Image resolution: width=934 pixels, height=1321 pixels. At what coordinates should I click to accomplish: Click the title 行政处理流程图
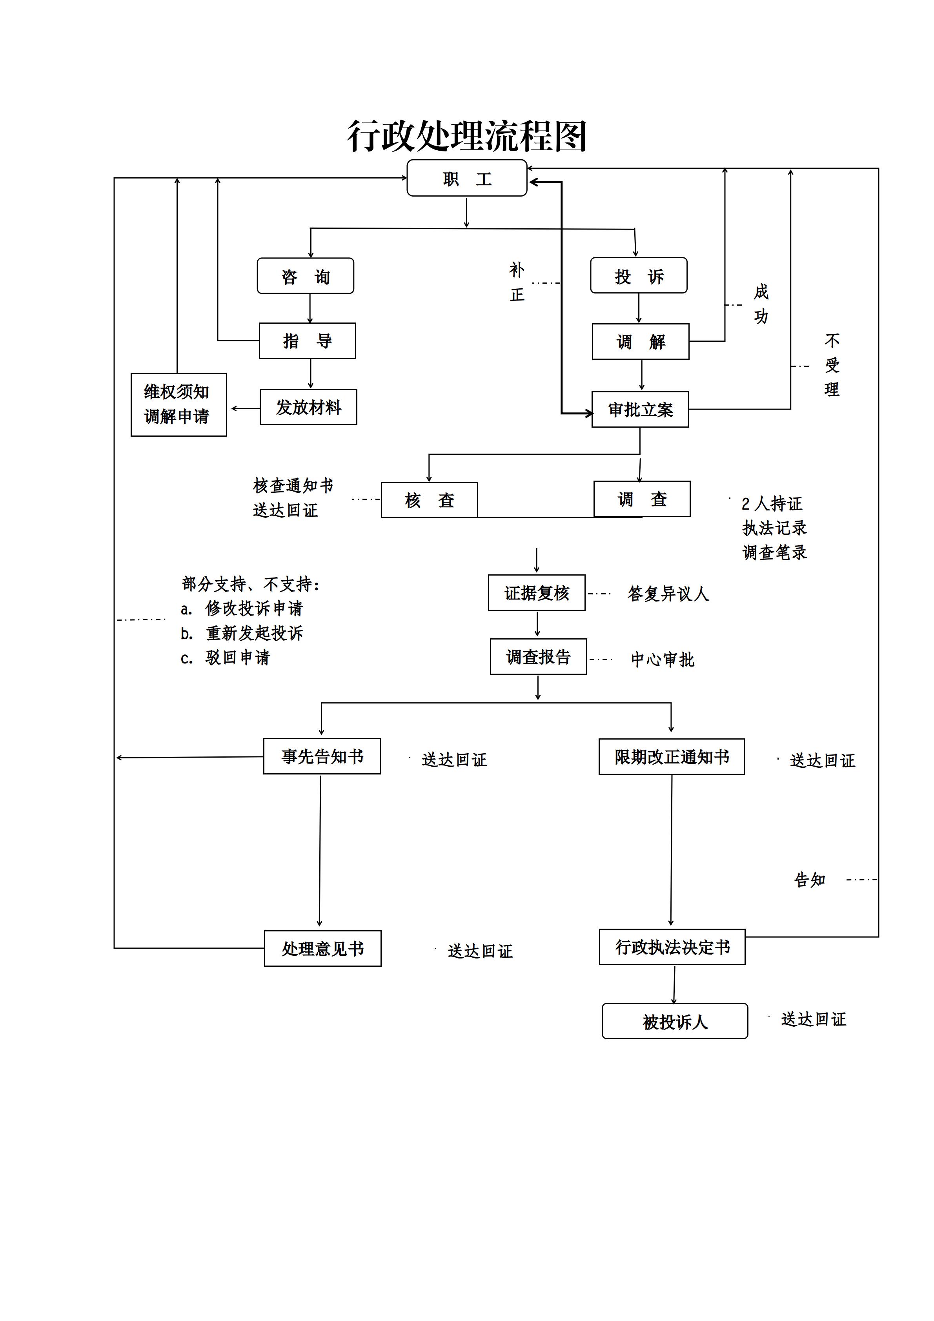coord(466,137)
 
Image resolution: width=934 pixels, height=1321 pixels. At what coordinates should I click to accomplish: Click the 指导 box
coord(308,341)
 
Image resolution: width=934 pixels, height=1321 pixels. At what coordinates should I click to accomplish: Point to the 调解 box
coord(641,342)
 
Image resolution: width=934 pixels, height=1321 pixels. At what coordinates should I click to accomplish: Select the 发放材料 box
coord(308,407)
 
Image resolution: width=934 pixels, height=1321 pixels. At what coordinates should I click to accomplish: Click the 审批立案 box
coord(640,410)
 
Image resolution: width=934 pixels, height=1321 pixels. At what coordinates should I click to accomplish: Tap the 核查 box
coord(430,500)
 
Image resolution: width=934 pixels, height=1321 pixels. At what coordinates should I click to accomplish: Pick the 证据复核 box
coord(537,592)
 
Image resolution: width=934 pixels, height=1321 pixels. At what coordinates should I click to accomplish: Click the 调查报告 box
coord(538,656)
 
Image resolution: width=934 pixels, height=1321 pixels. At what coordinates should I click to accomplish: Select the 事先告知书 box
coord(322,756)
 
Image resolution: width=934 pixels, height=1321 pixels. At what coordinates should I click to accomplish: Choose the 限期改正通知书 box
coord(672,756)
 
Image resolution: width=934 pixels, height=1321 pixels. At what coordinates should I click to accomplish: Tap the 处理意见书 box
coord(323,948)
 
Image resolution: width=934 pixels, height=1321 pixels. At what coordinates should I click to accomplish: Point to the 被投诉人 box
coord(675,1021)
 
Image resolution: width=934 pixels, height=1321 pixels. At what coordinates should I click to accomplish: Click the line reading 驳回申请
coord(226,658)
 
